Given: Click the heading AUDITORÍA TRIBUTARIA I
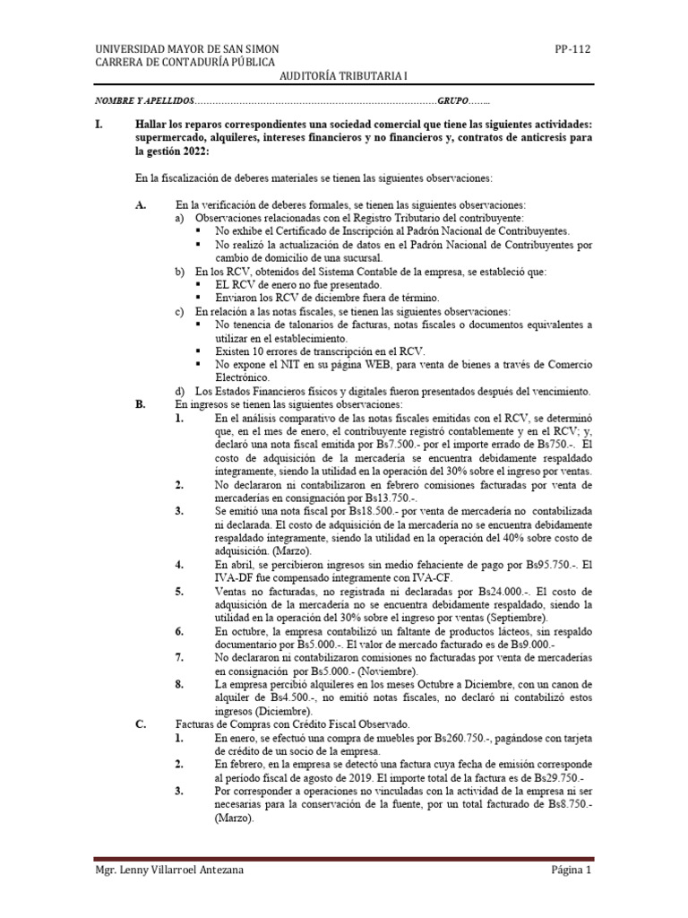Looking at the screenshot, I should coord(343,78).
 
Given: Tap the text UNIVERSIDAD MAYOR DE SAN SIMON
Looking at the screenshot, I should coord(186,48).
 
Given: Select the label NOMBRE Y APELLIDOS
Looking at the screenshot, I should coord(143,103).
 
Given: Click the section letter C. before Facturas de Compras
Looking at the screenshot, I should coord(140,724).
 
